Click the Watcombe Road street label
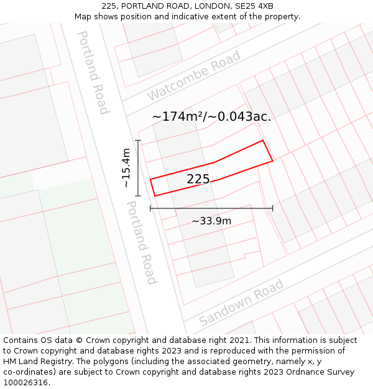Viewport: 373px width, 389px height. [x=193, y=77]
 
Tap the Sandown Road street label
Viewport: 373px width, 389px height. [x=241, y=302]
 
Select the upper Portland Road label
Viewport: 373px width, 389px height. [x=93, y=72]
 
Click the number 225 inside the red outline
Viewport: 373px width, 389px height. [x=198, y=179]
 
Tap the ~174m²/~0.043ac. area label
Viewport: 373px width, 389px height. [x=211, y=116]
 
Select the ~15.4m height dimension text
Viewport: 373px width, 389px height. [x=126, y=168]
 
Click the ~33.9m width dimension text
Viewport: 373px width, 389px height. [x=211, y=221]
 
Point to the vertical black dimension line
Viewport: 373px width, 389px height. [x=138, y=168]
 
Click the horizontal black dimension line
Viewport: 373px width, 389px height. [x=211, y=209]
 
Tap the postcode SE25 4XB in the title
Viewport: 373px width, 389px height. [x=256, y=6]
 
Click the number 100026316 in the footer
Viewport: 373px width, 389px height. [x=26, y=382]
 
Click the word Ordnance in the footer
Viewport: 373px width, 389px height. [x=315, y=372]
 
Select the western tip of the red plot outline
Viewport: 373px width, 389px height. [x=151, y=180]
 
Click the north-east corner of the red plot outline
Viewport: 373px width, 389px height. [x=263, y=141]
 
